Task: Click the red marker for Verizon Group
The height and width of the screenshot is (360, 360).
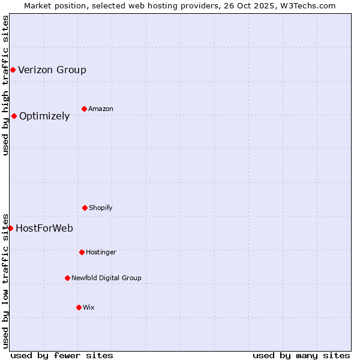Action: pos(13,70)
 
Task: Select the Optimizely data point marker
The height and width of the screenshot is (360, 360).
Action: pos(14,116)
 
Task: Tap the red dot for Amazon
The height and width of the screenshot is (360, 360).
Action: pos(84,109)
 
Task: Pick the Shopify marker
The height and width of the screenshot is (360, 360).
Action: pos(85,208)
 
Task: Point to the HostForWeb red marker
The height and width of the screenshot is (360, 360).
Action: pos(10,228)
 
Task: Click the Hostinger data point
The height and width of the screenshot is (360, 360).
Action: pos(82,252)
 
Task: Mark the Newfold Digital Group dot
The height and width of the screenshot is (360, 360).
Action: pos(67,278)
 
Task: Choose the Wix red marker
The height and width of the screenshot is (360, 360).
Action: pos(79,307)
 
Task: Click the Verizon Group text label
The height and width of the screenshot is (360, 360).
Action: pos(52,70)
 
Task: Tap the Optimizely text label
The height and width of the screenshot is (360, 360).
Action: pos(44,116)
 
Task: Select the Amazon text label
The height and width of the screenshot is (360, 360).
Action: pos(101,109)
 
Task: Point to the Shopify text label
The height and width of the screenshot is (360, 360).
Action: pos(101,208)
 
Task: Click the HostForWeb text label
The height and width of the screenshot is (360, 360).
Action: pos(44,229)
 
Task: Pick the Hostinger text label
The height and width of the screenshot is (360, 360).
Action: pos(101,253)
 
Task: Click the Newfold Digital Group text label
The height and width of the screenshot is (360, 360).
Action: pos(106,278)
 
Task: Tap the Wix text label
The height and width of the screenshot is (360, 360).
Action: pos(89,308)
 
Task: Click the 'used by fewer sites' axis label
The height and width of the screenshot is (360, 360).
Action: pos(62,355)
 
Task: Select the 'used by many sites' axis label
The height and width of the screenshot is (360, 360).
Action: pos(301,355)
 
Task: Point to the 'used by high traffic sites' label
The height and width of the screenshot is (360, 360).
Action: pos(5,85)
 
